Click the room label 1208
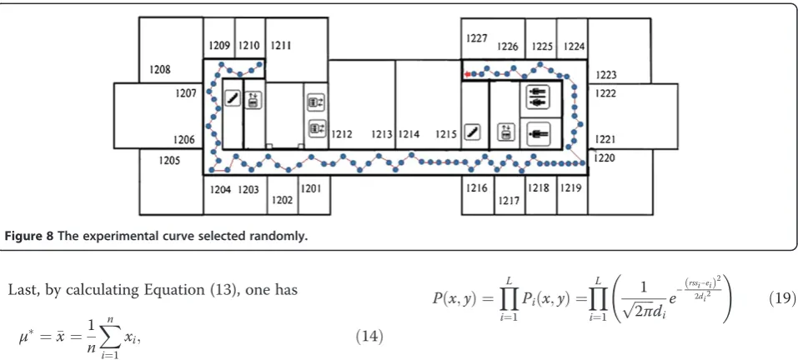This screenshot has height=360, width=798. coord(160,70)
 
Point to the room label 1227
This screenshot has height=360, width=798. coord(477,38)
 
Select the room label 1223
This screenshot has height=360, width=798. coord(605,75)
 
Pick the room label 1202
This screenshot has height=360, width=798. coord(282,200)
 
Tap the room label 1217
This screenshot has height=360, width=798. coord(509,201)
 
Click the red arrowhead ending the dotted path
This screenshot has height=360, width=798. coord(467,75)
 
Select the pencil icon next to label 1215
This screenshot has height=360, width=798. coord(472,132)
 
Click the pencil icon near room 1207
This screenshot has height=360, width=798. coord(233,98)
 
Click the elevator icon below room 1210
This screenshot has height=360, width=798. coord(253,100)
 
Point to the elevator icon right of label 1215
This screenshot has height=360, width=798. coord(505,132)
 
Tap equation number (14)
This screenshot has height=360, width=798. coord(369,337)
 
